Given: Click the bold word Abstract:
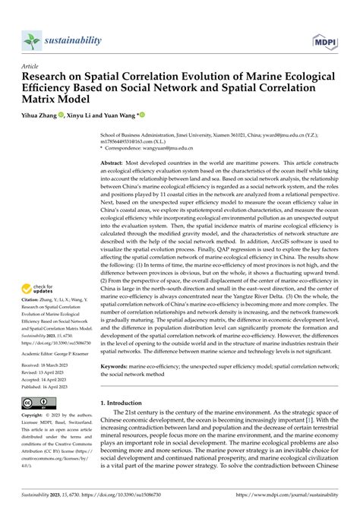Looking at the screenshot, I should [x=115, y=163].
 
